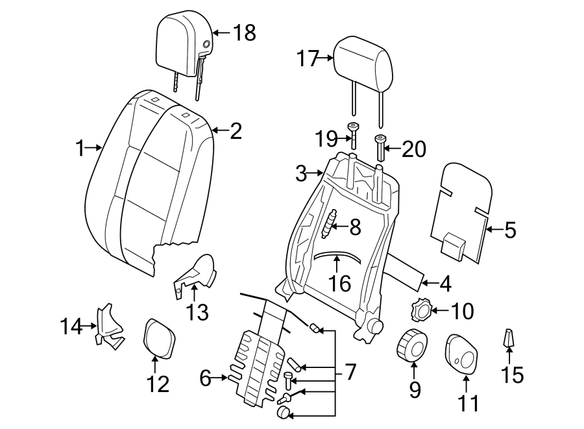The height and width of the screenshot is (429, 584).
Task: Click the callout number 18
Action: [x=245, y=32]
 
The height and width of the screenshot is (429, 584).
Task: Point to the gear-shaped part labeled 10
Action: [x=421, y=311]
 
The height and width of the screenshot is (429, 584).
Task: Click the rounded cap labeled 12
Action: [x=158, y=337]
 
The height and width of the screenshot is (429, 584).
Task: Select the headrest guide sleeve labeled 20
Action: [x=380, y=148]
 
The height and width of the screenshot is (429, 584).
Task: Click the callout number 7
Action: [x=350, y=372]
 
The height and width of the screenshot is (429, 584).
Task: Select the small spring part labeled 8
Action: [x=331, y=225]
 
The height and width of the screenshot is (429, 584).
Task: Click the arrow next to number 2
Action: [x=219, y=132]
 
